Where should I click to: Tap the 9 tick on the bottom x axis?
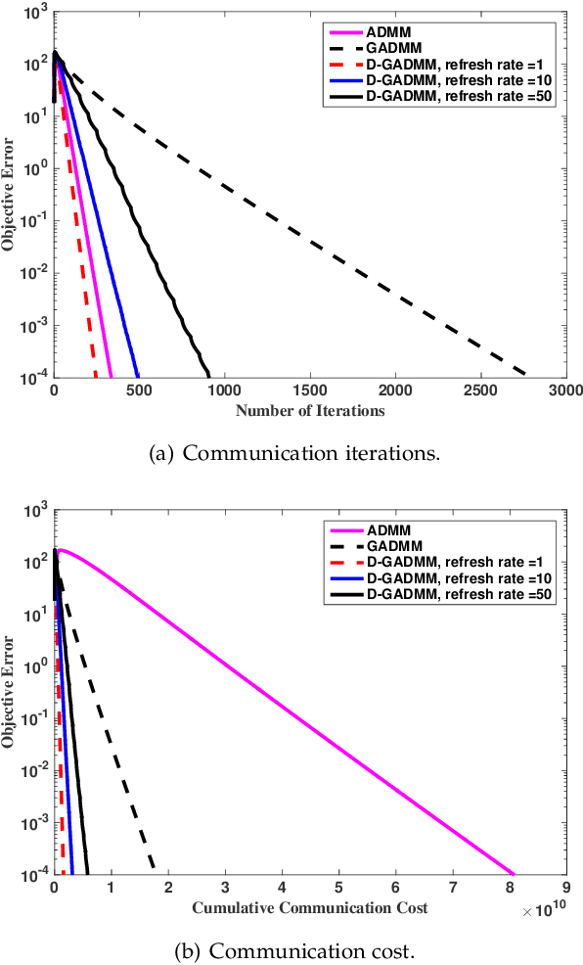[565, 889]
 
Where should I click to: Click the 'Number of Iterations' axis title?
[309, 410]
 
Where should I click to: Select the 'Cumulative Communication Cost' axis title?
[309, 907]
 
